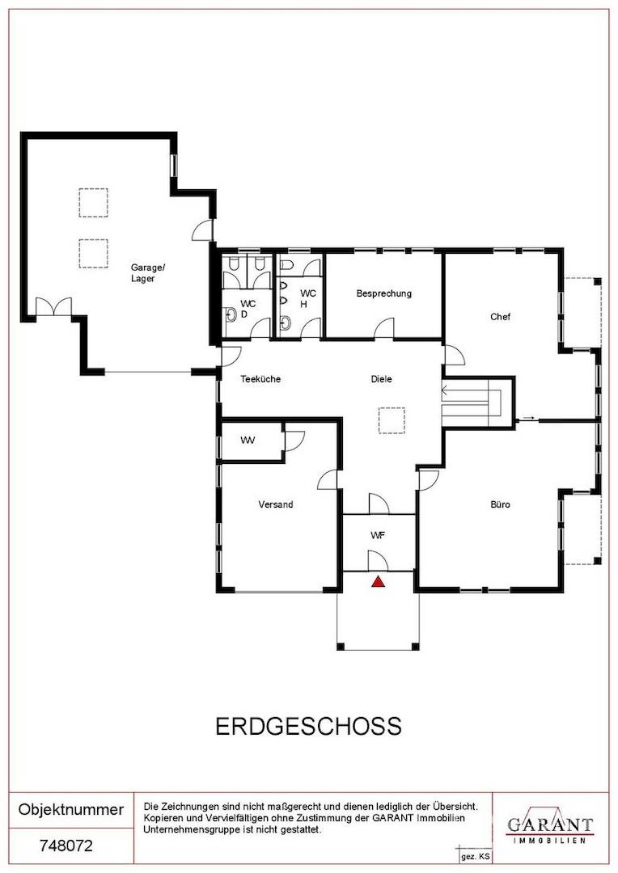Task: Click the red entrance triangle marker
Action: pos(377,580)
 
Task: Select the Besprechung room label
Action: pos(383,293)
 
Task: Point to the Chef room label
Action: pos(500,317)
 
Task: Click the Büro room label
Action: pos(500,504)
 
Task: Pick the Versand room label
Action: pos(275,504)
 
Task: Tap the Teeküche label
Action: pos(260,378)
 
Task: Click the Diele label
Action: pos(381,378)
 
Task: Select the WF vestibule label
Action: pos(377,535)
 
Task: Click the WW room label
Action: pos(248,441)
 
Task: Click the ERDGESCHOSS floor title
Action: pos(308,726)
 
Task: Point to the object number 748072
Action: pos(66,847)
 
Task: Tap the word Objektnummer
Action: pos(71,809)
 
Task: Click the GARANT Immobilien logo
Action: pos(549,826)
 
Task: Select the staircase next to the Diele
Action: pos(472,401)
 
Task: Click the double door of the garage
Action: pos(53,308)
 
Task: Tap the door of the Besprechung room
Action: pos(383,327)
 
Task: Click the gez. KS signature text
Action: pos(475,855)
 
